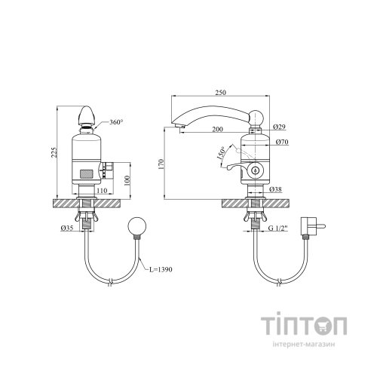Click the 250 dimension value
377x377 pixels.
(x=220, y=93)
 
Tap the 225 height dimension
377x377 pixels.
(x=54, y=152)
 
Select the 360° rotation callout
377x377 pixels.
(x=116, y=122)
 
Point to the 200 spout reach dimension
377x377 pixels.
(x=217, y=129)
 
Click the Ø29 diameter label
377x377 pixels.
(x=279, y=127)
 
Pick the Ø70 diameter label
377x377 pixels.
(x=282, y=142)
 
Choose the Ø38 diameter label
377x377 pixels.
(x=275, y=189)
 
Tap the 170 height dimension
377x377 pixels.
(x=161, y=164)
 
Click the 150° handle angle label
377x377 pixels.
(x=221, y=153)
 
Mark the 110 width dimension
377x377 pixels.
(x=102, y=191)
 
